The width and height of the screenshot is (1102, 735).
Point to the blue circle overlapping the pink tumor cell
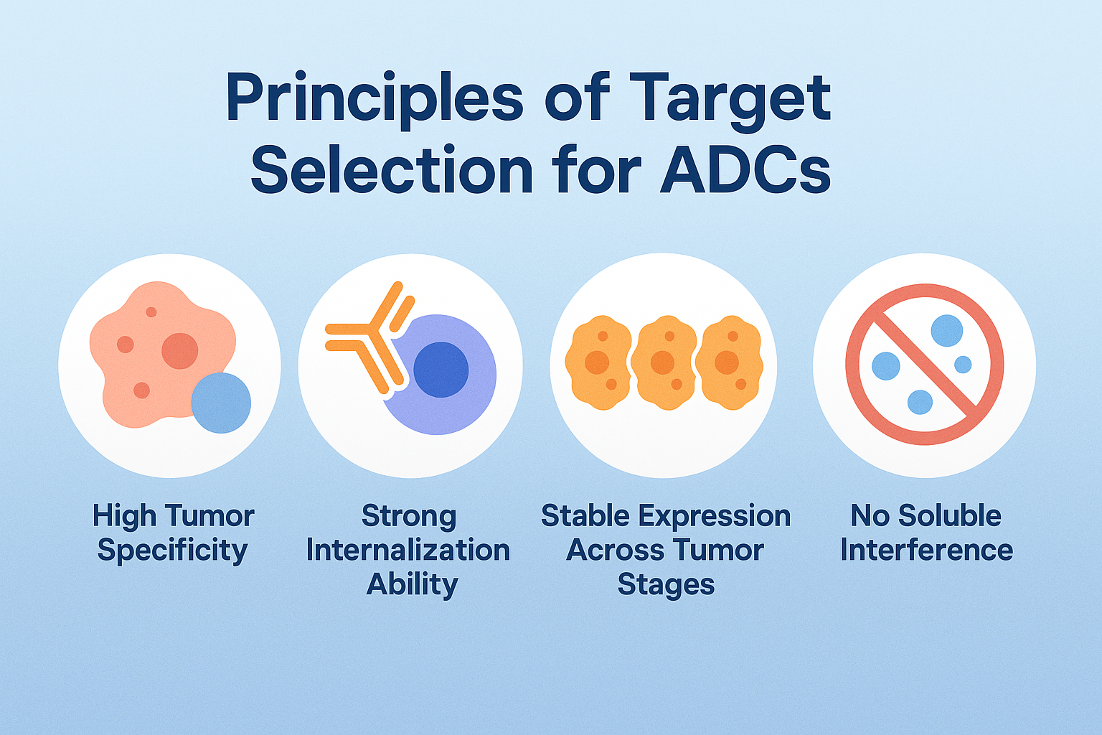click(x=221, y=403)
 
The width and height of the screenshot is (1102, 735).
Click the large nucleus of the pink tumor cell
click(x=179, y=350)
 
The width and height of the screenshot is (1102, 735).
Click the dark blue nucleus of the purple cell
click(x=441, y=369)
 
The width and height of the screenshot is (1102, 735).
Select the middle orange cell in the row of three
click(x=664, y=362)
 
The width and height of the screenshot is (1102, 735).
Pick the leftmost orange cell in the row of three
click(x=598, y=362)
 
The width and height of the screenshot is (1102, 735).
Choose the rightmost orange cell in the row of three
click(x=730, y=362)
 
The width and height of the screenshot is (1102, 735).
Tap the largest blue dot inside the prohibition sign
click(x=947, y=330)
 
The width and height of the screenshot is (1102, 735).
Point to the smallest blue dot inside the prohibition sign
click(x=963, y=365)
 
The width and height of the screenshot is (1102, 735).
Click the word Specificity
click(x=172, y=551)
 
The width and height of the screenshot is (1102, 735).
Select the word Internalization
click(x=408, y=550)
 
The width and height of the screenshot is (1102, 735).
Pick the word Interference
click(x=926, y=550)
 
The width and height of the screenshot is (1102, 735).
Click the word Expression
click(x=715, y=516)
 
